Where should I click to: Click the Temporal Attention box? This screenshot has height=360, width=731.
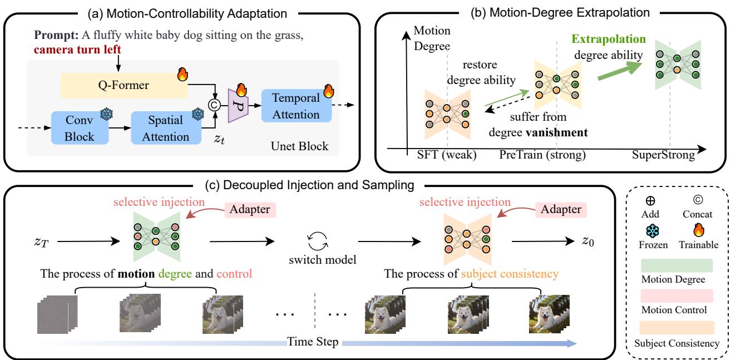point(296,105)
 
